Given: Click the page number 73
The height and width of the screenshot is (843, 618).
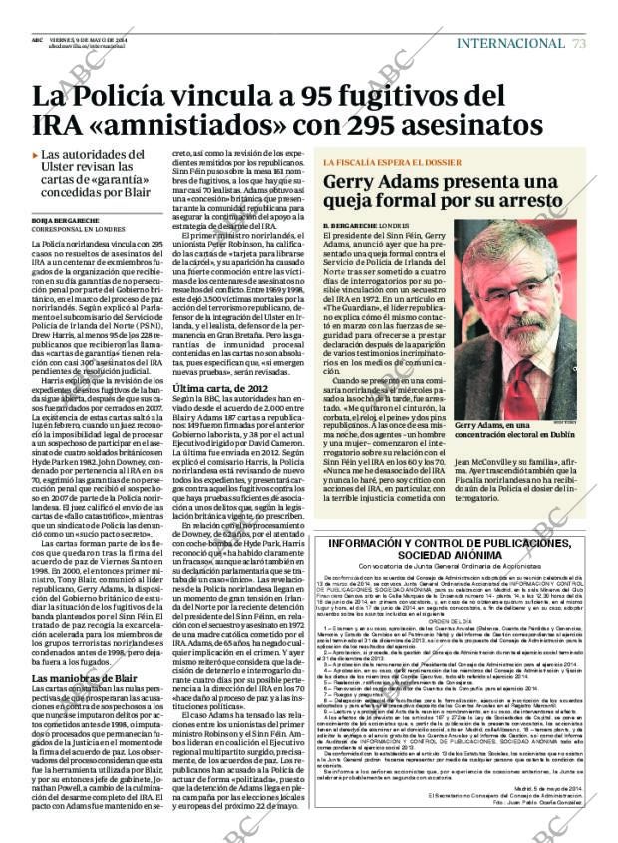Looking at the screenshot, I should coord(579,42).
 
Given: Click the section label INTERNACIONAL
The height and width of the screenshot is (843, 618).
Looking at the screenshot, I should coord(510,42).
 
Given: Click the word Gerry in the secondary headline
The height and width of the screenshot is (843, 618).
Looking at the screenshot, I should coord(383,183).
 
